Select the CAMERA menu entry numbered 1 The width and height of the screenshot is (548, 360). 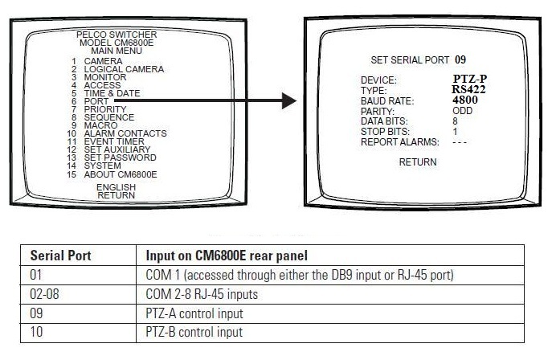pyautogui.click(x=103, y=61)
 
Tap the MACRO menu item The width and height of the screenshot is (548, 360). pyautogui.click(x=101, y=125)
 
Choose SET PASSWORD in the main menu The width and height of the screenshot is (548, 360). pyautogui.click(x=120, y=157)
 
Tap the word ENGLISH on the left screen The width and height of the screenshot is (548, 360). pyautogui.click(x=116, y=186)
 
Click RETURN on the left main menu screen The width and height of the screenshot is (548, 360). pyautogui.click(x=116, y=194)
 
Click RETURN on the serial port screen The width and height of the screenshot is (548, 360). pyautogui.click(x=418, y=162)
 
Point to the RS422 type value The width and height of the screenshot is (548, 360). pyautogui.click(x=469, y=90)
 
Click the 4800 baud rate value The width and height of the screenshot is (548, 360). pyautogui.click(x=467, y=101)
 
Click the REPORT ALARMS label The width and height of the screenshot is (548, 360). pyautogui.click(x=400, y=141)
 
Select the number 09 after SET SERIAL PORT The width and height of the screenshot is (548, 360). pyautogui.click(x=460, y=59)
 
